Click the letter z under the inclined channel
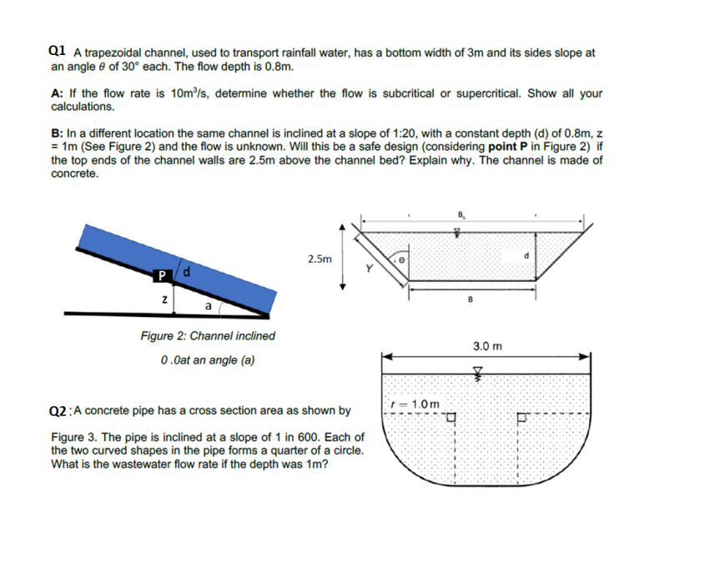coord(165,298)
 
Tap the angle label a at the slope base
coord(206,306)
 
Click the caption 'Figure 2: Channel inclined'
coord(208,336)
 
